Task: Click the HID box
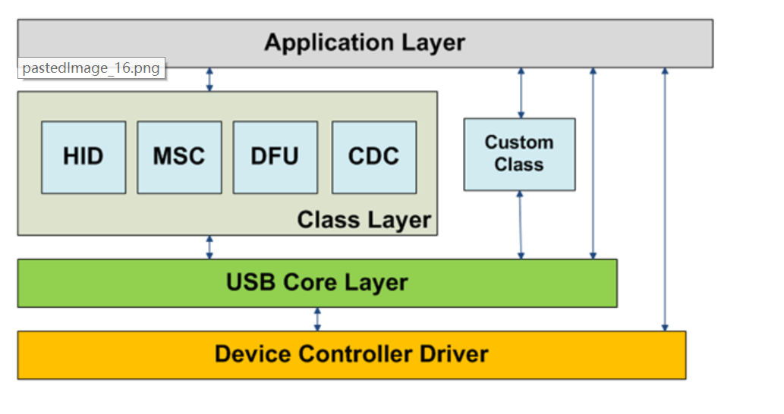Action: pos(83,157)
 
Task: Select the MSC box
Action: pos(179,157)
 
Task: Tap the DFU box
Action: pos(275,157)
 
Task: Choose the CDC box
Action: pos(373,157)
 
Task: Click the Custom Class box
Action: pos(519,154)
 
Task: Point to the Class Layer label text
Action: pos(364,220)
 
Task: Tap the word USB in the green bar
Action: pos(250,283)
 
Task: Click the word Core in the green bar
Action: pos(310,283)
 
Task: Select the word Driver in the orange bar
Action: pos(453,354)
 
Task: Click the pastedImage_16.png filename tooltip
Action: pos(91,68)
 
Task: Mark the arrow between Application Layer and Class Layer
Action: pos(209,80)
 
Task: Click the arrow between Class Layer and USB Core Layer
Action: pos(209,247)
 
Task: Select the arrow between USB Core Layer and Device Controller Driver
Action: pos(317,319)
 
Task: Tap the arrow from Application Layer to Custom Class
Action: pos(521,93)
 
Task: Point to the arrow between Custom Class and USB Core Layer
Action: pos(521,225)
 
